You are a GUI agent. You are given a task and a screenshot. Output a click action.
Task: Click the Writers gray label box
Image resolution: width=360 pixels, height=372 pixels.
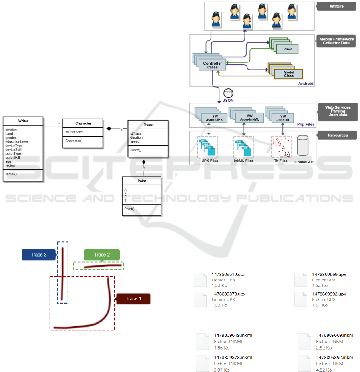click(x=336, y=6)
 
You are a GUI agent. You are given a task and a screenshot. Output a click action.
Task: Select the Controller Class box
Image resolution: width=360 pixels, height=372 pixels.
click(x=212, y=65)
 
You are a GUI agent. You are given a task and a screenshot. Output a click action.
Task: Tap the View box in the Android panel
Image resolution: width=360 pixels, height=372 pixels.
click(x=287, y=49)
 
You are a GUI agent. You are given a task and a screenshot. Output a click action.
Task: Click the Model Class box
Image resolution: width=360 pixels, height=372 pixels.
click(x=288, y=74)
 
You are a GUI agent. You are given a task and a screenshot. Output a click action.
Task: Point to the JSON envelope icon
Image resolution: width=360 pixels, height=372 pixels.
click(x=229, y=93)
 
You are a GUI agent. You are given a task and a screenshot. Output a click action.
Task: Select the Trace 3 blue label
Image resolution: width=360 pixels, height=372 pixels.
click(x=38, y=255)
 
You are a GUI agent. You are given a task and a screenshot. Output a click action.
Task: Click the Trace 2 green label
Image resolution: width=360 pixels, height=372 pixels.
click(x=102, y=255)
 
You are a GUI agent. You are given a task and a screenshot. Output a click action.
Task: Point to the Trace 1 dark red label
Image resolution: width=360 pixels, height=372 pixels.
click(x=133, y=299)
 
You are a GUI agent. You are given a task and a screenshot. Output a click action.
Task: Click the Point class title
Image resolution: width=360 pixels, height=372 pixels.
click(x=141, y=181)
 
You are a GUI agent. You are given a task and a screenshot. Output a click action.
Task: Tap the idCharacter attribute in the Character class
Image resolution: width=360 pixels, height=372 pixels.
click(x=74, y=132)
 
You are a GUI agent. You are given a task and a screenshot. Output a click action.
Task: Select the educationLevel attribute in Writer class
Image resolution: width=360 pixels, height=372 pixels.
click(x=17, y=141)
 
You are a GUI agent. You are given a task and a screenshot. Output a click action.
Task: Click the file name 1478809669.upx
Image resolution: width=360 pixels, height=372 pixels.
click(x=328, y=275)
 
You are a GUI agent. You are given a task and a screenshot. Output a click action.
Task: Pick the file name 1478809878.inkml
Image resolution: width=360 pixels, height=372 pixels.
click(x=233, y=357)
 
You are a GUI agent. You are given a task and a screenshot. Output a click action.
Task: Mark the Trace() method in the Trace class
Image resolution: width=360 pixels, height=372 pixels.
click(x=136, y=150)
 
